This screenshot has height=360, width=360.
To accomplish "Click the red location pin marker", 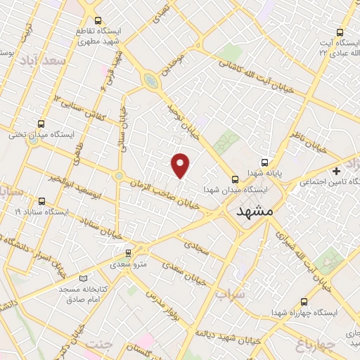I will click(181, 165).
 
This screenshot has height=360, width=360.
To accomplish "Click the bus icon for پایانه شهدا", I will click(265, 161).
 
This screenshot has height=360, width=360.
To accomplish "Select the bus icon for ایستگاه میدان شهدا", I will click(235, 179).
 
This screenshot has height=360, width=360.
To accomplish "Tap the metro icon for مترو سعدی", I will click(128, 252).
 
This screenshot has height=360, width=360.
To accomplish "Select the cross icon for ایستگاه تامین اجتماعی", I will click(336, 171).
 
